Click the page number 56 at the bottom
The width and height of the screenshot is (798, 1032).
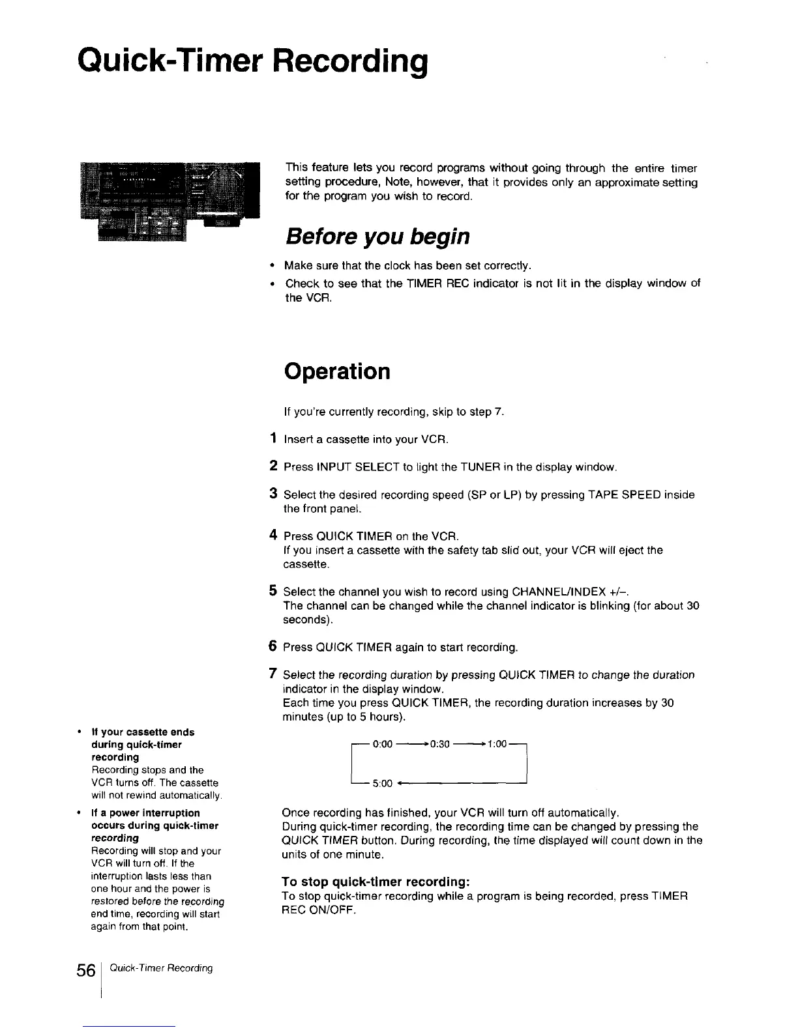[85, 969]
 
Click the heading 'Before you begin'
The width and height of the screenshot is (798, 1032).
[377, 236]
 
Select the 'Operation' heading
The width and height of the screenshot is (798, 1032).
[337, 371]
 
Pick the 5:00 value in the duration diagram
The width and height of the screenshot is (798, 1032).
[382, 783]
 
